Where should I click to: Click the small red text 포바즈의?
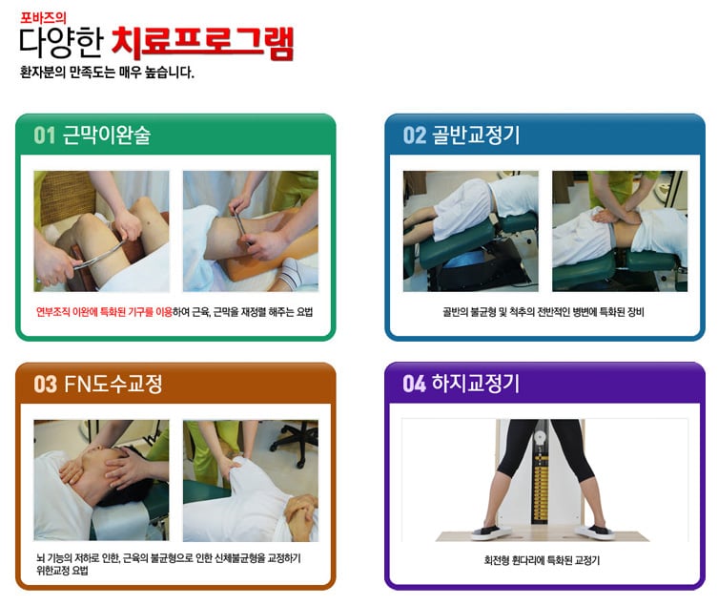pos(44,18)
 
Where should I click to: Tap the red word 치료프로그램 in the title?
pos(202,43)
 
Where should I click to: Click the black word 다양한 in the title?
pos(61,43)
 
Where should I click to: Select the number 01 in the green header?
pos(45,136)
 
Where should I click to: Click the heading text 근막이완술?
pos(106,136)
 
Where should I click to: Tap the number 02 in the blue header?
pos(415,136)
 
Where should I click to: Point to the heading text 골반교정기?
pos(476,136)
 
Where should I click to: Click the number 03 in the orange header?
pos(46,384)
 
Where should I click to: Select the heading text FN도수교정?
pos(113,384)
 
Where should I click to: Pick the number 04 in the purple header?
pos(415,384)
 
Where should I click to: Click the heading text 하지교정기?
pos(476,384)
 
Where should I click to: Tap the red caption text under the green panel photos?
pos(104,312)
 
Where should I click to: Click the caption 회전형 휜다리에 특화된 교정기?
pos(542,560)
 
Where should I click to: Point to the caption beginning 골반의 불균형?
pos(544,312)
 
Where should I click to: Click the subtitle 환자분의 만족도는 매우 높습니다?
pos(107,73)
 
